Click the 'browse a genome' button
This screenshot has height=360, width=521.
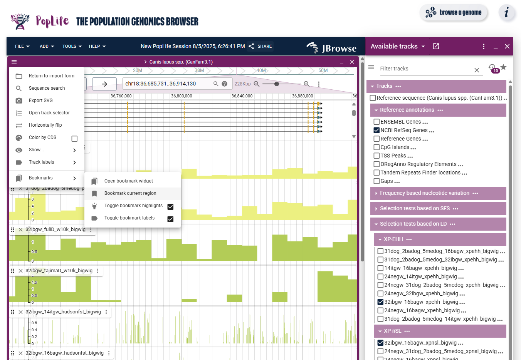tap(454, 13)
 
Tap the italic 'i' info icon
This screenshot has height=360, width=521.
tap(506, 13)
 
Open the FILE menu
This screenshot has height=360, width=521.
tap(22, 46)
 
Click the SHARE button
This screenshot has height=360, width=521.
tap(260, 46)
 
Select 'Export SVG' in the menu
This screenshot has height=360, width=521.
tap(40, 100)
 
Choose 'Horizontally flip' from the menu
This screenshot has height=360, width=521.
tap(45, 125)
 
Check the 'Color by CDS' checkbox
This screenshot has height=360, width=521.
tap(74, 139)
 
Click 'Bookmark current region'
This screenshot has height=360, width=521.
tap(130, 193)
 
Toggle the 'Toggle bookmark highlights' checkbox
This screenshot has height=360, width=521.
tap(170, 207)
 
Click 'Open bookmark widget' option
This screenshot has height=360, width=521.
tap(128, 181)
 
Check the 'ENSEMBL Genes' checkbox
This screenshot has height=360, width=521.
tap(377, 122)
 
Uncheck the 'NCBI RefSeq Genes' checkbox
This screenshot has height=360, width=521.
tap(377, 131)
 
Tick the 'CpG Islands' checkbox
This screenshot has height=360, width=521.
tap(377, 147)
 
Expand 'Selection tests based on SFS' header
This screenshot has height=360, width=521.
tap(415, 209)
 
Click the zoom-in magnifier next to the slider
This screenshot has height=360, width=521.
tap(307, 84)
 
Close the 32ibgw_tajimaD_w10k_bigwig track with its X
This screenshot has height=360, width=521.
tap(20, 271)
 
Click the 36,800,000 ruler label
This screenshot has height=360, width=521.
tap(182, 96)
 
